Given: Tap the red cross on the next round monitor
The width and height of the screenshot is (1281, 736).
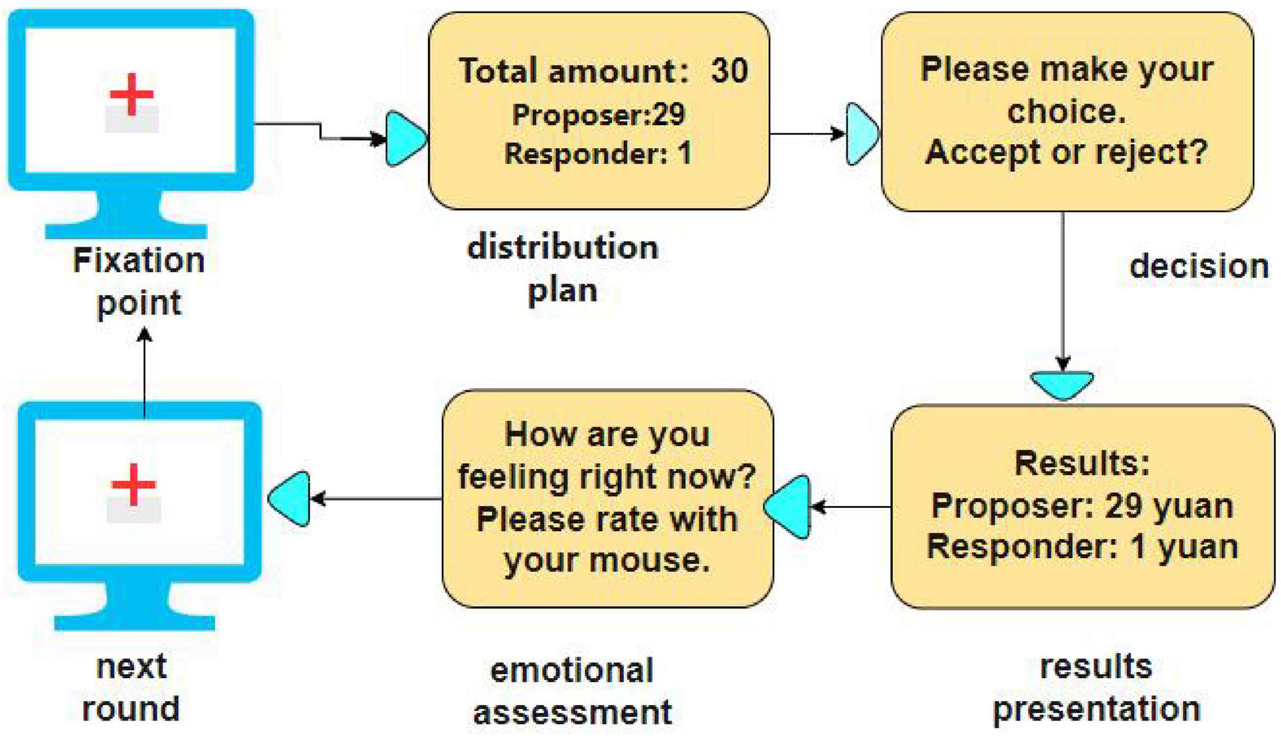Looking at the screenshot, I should [x=134, y=484].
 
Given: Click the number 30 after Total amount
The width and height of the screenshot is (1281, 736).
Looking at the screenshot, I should [x=729, y=70].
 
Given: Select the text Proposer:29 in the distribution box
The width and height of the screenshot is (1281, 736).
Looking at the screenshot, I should [x=599, y=115].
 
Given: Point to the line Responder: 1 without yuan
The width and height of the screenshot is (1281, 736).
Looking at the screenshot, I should [x=598, y=154].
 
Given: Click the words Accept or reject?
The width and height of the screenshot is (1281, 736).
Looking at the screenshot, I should [x=1066, y=152].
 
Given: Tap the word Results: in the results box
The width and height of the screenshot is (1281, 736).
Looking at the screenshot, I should [x=1082, y=463].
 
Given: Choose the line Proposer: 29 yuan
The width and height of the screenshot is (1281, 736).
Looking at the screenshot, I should [x=1082, y=506].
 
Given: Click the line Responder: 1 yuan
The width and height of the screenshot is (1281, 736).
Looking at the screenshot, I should [x=1082, y=547].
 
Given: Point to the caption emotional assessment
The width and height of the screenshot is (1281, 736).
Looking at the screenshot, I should [x=572, y=691].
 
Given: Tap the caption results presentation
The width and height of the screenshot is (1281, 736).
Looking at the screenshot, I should [x=1096, y=688].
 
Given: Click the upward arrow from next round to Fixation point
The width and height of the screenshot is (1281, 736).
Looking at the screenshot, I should [x=145, y=374].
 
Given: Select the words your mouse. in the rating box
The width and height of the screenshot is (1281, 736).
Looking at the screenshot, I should [x=607, y=560].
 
